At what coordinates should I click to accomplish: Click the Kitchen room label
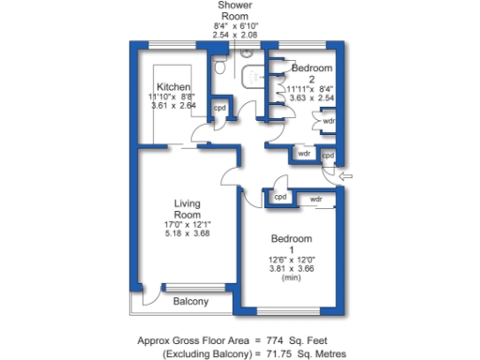coord(174,86)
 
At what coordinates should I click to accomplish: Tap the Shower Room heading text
coord(235,10)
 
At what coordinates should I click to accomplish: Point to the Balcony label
coord(190,302)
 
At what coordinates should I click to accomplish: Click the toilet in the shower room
coord(218,66)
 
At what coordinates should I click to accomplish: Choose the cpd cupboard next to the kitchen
coord(219,108)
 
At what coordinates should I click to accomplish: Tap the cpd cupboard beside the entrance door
coord(328,155)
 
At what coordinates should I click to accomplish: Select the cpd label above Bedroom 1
coord(280,198)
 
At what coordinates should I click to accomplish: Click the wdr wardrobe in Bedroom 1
coord(316,199)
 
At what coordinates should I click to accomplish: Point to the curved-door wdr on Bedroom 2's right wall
coord(328,121)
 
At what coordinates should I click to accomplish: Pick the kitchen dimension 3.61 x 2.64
coord(174,106)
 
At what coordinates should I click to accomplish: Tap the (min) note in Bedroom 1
coord(291,277)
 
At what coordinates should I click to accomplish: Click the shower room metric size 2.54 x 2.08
coord(235,35)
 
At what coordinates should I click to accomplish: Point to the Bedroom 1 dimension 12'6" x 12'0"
coord(291,259)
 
